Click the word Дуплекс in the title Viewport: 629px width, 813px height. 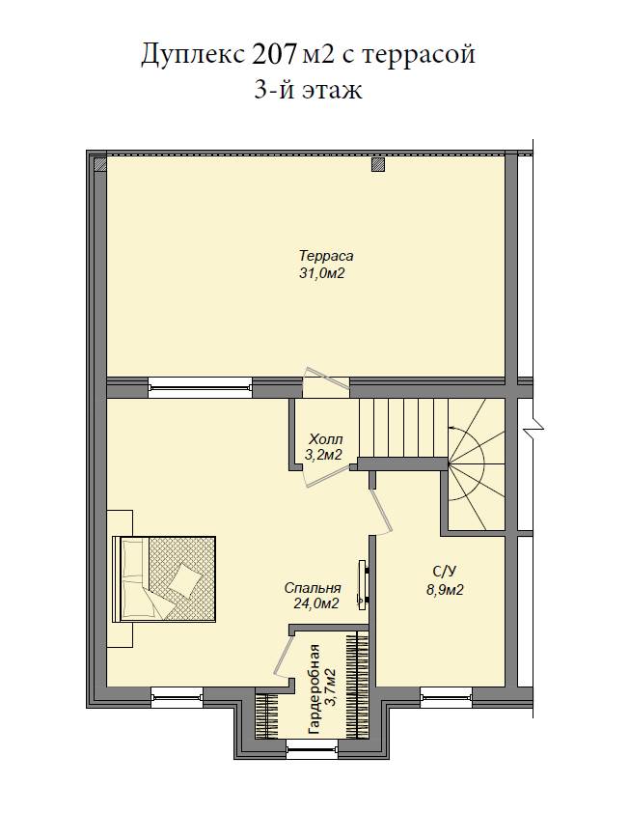tap(192, 54)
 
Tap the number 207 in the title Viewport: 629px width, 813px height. tap(274, 53)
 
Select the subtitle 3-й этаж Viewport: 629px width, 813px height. tap(308, 90)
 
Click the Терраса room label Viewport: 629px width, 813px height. tap(326, 256)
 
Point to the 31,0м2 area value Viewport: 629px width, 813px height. tap(322, 273)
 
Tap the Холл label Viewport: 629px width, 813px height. tap(325, 439)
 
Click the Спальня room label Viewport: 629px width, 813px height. tap(313, 588)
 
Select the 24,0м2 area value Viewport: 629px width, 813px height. tap(316, 603)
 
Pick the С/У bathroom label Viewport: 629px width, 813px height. tap(444, 572)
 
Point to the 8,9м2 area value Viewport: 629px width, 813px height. tap(445, 590)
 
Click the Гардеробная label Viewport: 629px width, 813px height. tap(314, 689)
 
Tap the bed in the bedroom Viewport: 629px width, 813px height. tap(164, 578)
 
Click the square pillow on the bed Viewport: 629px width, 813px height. tap(184, 579)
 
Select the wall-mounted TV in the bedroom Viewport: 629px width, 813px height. tap(363, 584)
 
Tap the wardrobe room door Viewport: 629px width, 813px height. tap(283, 655)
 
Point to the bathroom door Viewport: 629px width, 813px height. tap(381, 511)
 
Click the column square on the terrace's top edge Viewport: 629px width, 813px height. tap(379, 164)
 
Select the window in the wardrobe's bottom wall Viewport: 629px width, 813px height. tap(312, 748)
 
